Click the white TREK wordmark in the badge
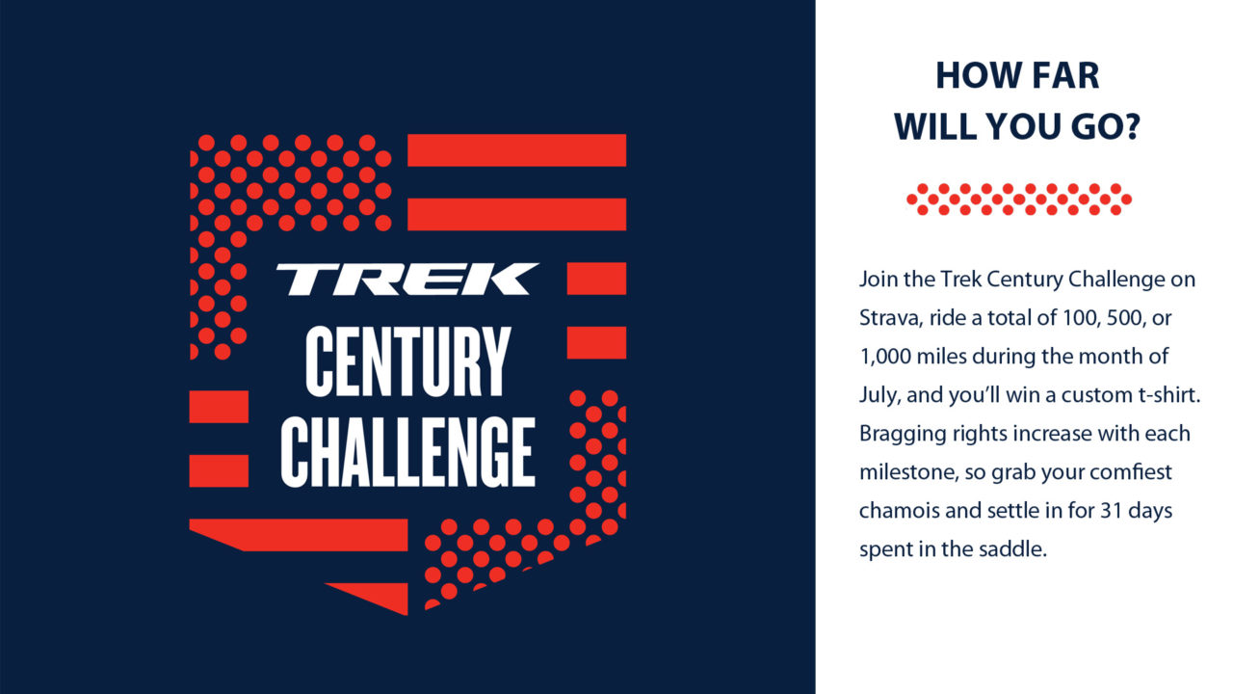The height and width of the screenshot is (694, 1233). [407, 280]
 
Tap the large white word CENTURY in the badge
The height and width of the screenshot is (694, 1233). [407, 361]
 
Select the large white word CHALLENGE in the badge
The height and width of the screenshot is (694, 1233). [407, 452]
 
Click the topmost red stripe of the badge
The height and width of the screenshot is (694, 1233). [517, 149]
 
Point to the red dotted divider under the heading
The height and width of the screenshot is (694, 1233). [1019, 200]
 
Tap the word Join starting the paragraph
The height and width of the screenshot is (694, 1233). [879, 280]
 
